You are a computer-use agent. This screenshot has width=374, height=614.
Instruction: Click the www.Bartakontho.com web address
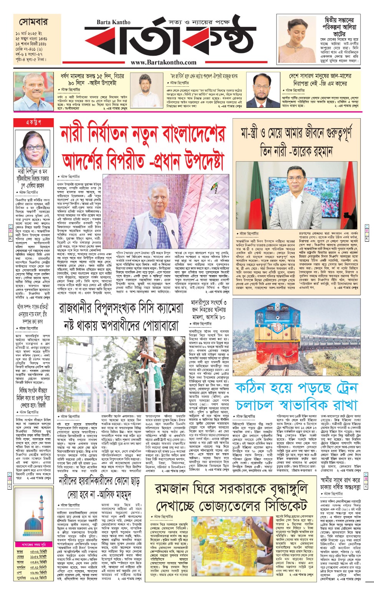click(163, 62)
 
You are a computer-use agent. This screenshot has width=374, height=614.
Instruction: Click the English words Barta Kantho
click(114, 22)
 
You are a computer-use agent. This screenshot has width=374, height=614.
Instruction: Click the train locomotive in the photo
click(279, 329)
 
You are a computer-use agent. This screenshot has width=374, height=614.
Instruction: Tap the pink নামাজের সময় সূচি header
click(33, 545)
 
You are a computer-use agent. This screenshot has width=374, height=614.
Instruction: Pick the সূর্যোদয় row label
click(22, 578)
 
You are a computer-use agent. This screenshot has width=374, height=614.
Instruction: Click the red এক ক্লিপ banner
click(33, 122)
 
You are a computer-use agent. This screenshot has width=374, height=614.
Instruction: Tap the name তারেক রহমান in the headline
click(311, 151)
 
